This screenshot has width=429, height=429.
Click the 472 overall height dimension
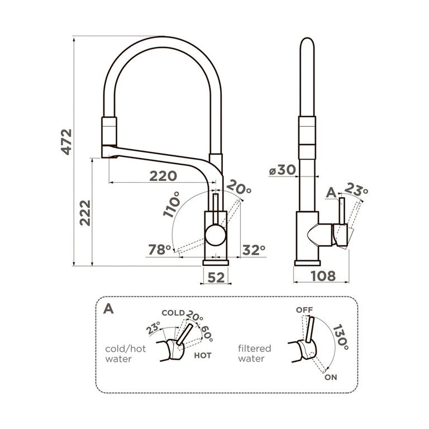pyautogui.click(x=66, y=143)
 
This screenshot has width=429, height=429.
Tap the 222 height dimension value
pyautogui.click(x=84, y=212)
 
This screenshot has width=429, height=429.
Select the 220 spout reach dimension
pyautogui.click(x=163, y=176)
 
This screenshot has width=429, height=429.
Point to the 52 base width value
pyautogui.click(x=216, y=275)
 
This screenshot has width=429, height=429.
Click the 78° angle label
pyautogui.click(x=159, y=250)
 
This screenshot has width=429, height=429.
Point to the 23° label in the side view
pyautogui.click(x=357, y=190)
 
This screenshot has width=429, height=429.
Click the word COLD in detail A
pyautogui.click(x=173, y=313)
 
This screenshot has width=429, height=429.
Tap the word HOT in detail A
pyautogui.click(x=202, y=355)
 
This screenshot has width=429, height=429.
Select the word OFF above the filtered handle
pyautogui.click(x=304, y=309)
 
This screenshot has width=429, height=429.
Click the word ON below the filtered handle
pyautogui.click(x=331, y=378)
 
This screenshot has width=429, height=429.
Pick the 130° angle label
pyautogui.click(x=340, y=339)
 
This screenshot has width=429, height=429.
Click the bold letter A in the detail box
pyautogui.click(x=109, y=309)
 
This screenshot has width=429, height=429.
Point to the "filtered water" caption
pyautogui.click(x=254, y=353)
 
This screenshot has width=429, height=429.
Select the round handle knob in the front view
pyautogui.click(x=216, y=235)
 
